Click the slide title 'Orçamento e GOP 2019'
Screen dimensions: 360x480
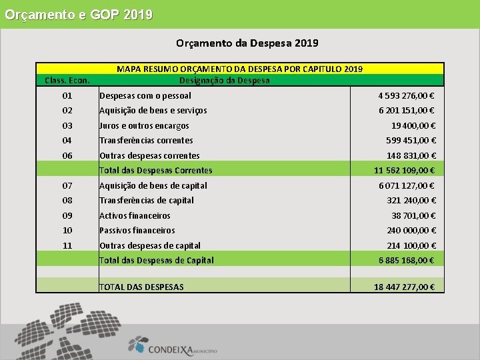click(x=78, y=14)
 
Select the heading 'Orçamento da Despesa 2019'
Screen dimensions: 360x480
click(x=247, y=43)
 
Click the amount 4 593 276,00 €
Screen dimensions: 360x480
click(x=407, y=96)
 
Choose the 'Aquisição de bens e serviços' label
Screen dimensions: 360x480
click(x=153, y=111)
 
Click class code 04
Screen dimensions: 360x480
click(x=67, y=141)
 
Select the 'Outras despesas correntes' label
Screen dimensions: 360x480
click(x=149, y=156)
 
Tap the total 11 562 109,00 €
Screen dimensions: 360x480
click(x=405, y=171)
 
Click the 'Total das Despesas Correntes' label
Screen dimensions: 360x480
click(x=156, y=171)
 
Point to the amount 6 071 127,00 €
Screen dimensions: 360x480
click(x=407, y=186)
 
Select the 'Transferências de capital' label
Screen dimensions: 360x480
click(x=147, y=201)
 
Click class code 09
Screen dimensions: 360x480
click(x=67, y=216)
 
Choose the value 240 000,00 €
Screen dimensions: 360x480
click(x=411, y=231)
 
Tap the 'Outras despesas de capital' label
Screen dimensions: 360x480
click(x=150, y=246)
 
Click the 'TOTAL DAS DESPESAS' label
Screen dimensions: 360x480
click(x=141, y=287)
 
